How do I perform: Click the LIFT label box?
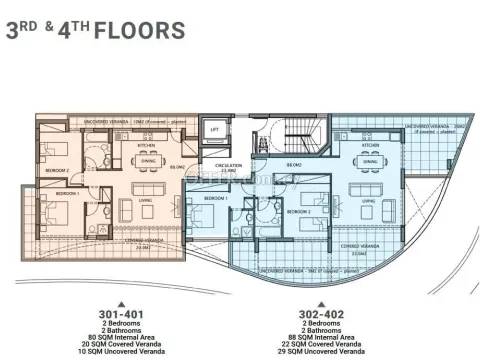213,130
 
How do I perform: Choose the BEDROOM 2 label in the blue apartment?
299,212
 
